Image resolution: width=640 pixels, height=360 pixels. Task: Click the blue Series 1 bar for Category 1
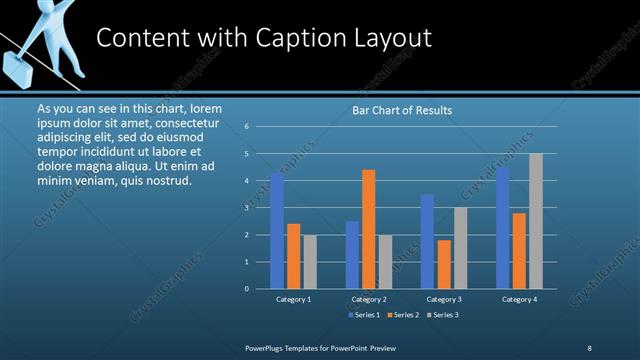coord(277,231)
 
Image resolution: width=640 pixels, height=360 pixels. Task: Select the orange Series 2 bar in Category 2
coord(369,229)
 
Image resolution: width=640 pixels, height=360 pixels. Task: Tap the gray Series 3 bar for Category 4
coord(535,221)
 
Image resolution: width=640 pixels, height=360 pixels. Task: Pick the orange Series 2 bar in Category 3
coord(444,264)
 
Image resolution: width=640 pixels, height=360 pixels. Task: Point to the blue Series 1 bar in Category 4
coord(503,228)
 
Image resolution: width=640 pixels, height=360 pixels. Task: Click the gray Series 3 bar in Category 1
coord(309,262)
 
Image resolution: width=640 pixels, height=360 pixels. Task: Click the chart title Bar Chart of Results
coord(402,110)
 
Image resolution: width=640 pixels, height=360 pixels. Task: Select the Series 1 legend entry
coord(363,315)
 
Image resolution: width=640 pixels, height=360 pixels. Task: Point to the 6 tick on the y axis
coord(246,127)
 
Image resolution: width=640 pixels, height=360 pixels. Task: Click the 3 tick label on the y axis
coord(246,208)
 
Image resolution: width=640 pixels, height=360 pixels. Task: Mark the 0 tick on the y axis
coord(246,289)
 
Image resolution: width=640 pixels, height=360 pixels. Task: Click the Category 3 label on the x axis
coord(444,299)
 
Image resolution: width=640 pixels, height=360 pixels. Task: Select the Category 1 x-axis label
coord(293,299)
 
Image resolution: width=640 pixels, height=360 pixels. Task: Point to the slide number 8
coord(589,347)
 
